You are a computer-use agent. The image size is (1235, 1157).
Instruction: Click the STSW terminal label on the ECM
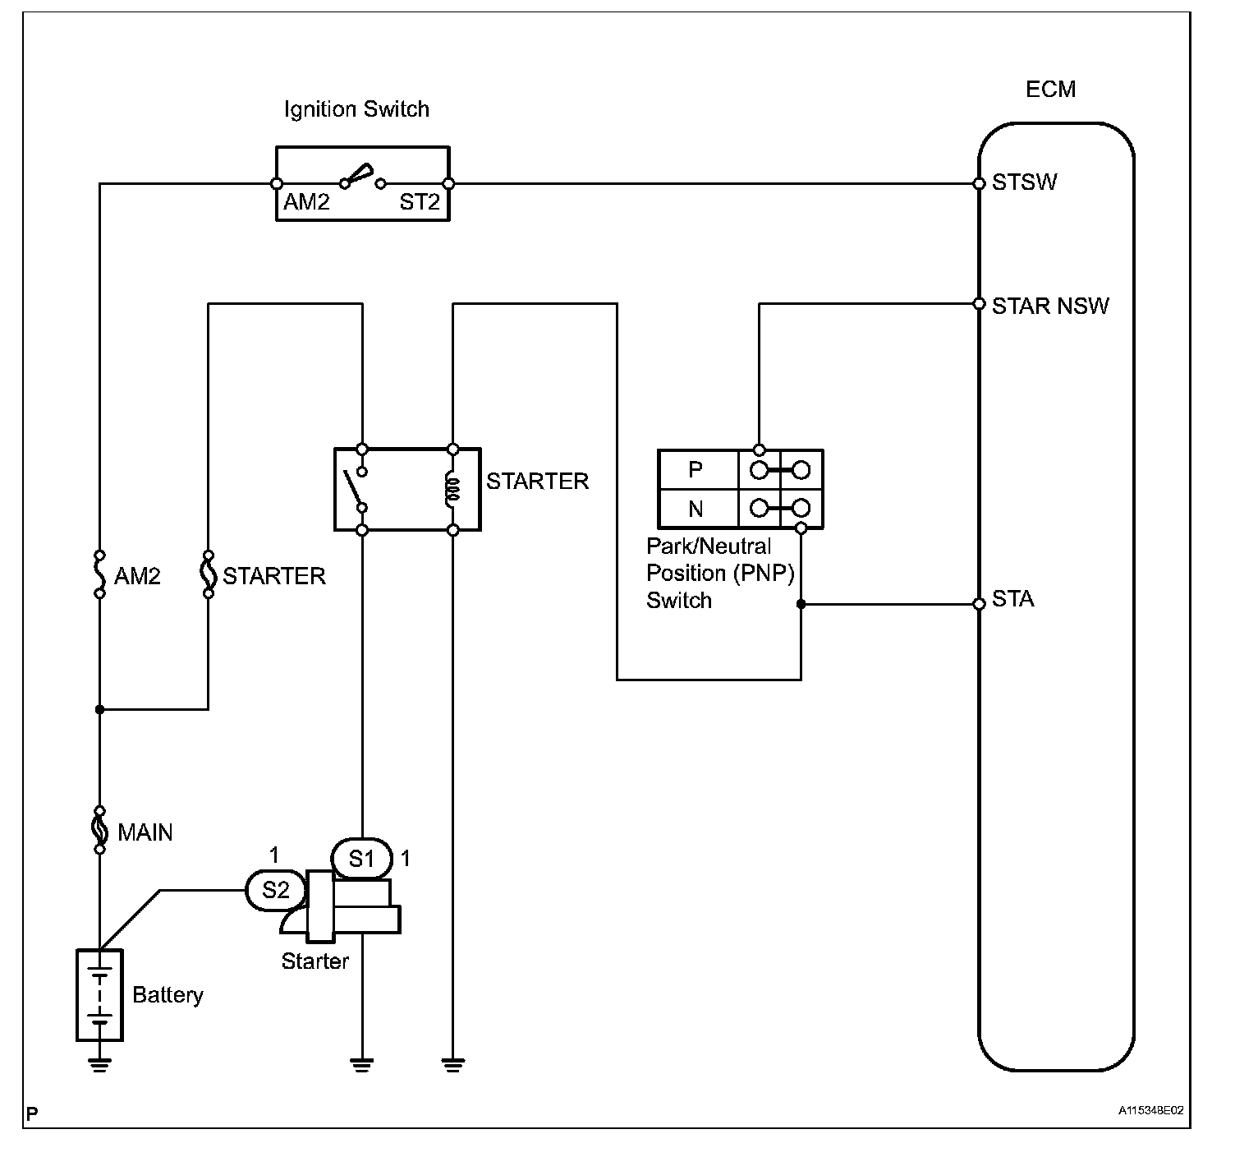click(x=1024, y=182)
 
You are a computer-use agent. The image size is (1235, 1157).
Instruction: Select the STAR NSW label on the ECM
click(x=1049, y=307)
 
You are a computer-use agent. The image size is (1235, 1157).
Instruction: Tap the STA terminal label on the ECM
click(x=1012, y=599)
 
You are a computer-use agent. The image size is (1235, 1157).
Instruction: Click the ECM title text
click(x=1050, y=90)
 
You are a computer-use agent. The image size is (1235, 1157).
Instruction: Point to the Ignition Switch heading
click(x=356, y=109)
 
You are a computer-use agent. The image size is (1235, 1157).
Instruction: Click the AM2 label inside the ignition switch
click(x=306, y=202)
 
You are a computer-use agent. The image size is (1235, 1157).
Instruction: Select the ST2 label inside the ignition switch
click(x=419, y=202)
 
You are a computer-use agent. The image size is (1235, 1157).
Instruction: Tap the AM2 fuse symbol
click(x=99, y=574)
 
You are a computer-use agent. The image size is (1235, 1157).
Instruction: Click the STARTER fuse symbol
click(x=209, y=574)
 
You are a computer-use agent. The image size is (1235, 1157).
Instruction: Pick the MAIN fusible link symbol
click(x=99, y=831)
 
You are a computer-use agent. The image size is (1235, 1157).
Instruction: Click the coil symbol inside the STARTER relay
click(x=453, y=490)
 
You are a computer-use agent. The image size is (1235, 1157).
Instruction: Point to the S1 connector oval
click(x=361, y=859)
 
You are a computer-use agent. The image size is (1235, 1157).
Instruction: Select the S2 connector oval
click(x=276, y=891)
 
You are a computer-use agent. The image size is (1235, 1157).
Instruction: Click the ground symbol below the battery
click(x=99, y=1065)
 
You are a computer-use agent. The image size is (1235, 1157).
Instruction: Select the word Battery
click(x=168, y=995)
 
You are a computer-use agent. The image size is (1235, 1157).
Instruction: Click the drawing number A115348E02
click(x=1150, y=1110)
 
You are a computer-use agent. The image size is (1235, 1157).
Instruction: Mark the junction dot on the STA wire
click(x=801, y=604)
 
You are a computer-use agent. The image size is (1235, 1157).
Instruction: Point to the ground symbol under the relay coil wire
click(x=453, y=1065)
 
